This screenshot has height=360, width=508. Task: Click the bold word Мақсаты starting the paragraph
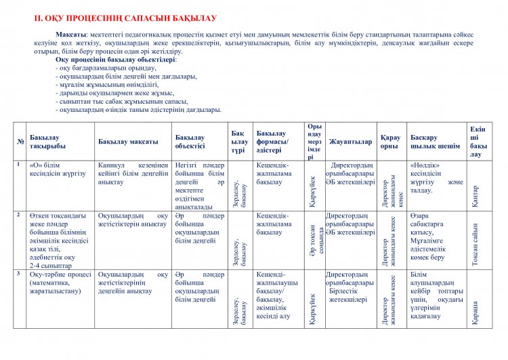(71, 35)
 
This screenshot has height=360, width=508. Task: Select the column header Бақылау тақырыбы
(47, 142)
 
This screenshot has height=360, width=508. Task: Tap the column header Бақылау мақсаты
(128, 142)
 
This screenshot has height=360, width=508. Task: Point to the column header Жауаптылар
(350, 142)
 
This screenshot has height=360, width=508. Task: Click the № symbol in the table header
(21, 142)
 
